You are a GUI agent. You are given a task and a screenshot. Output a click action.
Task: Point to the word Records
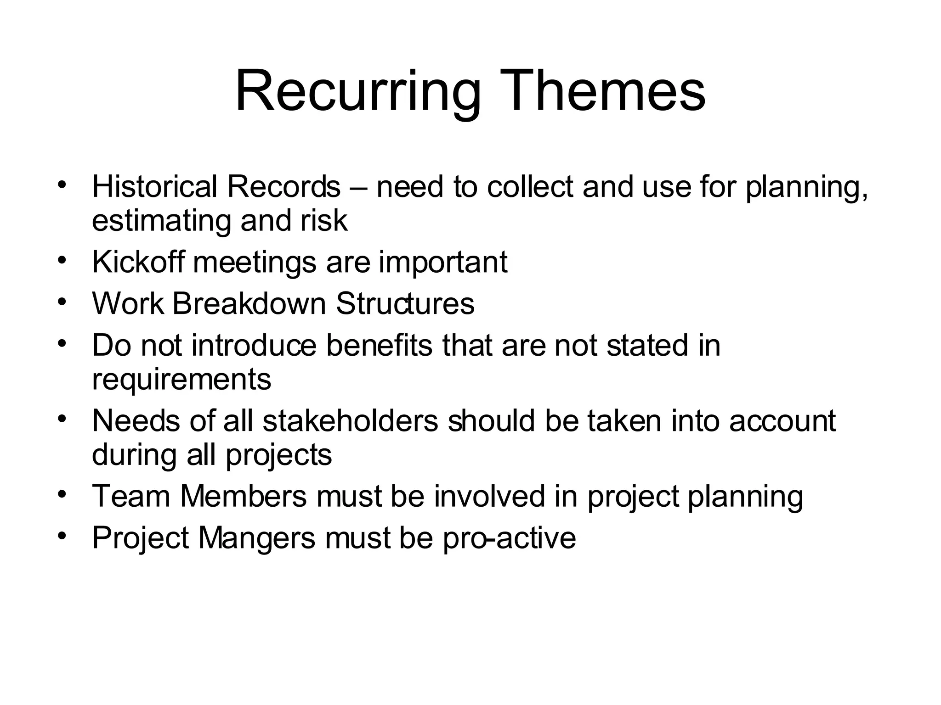283,187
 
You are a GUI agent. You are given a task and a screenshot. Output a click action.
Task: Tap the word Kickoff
138,262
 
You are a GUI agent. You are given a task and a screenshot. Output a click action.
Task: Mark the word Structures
405,303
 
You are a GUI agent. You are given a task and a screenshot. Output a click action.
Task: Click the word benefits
379,345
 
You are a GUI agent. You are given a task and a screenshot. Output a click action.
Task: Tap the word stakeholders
351,420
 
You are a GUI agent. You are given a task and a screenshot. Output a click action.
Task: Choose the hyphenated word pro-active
509,537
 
